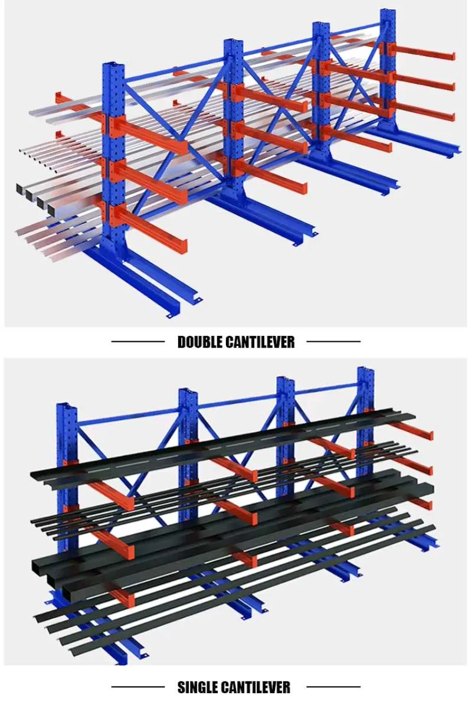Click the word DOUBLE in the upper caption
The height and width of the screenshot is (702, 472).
pyautogui.click(x=200, y=342)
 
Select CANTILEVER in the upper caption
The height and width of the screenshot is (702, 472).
pyautogui.click(x=260, y=342)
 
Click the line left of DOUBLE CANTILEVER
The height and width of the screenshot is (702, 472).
pyautogui.click(x=137, y=341)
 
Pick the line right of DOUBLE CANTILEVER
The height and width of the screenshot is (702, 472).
pyautogui.click(x=333, y=341)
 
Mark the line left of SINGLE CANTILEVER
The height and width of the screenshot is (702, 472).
pyautogui.click(x=137, y=687)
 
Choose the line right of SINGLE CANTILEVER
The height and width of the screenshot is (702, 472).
pyautogui.click(x=333, y=687)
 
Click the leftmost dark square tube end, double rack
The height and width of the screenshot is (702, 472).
pyautogui.click(x=22, y=190)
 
